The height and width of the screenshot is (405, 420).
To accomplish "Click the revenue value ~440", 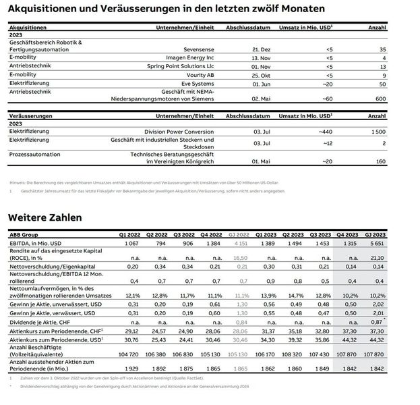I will (x=322, y=131).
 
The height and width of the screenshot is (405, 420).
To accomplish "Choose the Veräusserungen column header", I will (x=31, y=116).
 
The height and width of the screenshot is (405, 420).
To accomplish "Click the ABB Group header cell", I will (x=24, y=233).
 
